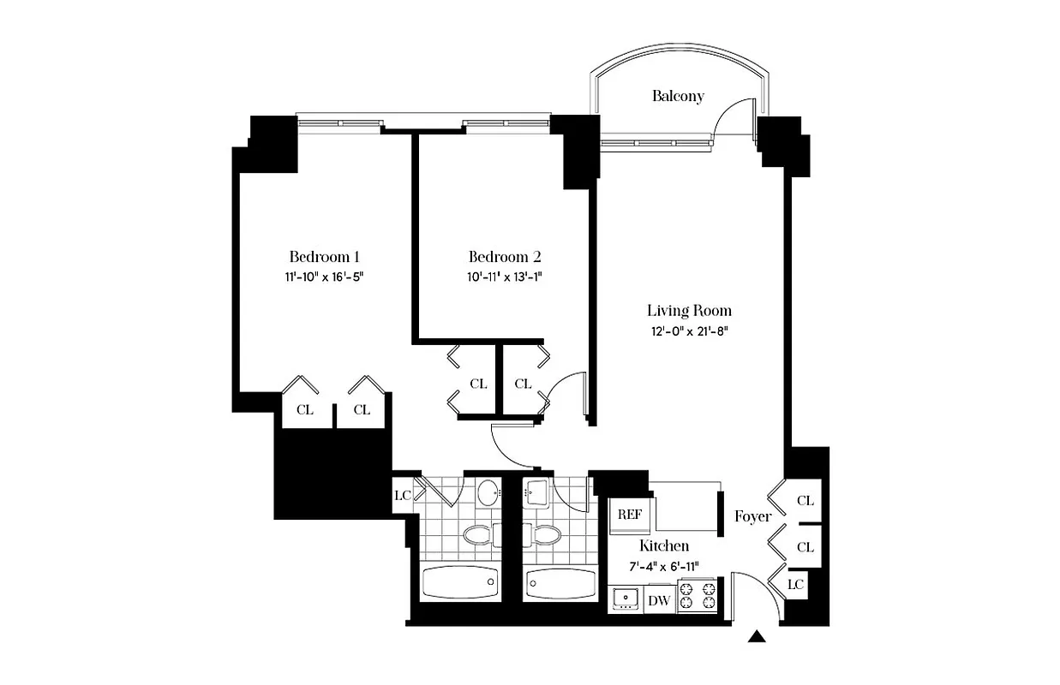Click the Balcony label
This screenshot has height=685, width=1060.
pyautogui.click(x=677, y=96)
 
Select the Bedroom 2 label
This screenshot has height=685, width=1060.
pyautogui.click(x=505, y=257)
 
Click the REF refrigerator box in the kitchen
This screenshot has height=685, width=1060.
pyautogui.click(x=630, y=515)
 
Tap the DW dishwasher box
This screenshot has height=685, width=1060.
pyautogui.click(x=658, y=600)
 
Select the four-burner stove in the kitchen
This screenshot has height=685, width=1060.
pyautogui.click(x=697, y=594)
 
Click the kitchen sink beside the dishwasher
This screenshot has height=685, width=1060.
pyautogui.click(x=626, y=599)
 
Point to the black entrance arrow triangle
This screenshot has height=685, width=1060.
pyautogui.click(x=757, y=636)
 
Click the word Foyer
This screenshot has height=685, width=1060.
pyautogui.click(x=752, y=517)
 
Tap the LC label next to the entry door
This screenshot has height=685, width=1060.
pyautogui.click(x=796, y=584)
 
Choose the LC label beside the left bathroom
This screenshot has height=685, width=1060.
pyautogui.click(x=402, y=496)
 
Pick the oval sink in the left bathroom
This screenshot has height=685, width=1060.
pyautogui.click(x=488, y=492)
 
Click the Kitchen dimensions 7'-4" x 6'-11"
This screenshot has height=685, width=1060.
pyautogui.click(x=663, y=565)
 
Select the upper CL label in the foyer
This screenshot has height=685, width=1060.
pyautogui.click(x=805, y=501)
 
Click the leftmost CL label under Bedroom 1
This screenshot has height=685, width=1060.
pyautogui.click(x=304, y=410)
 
